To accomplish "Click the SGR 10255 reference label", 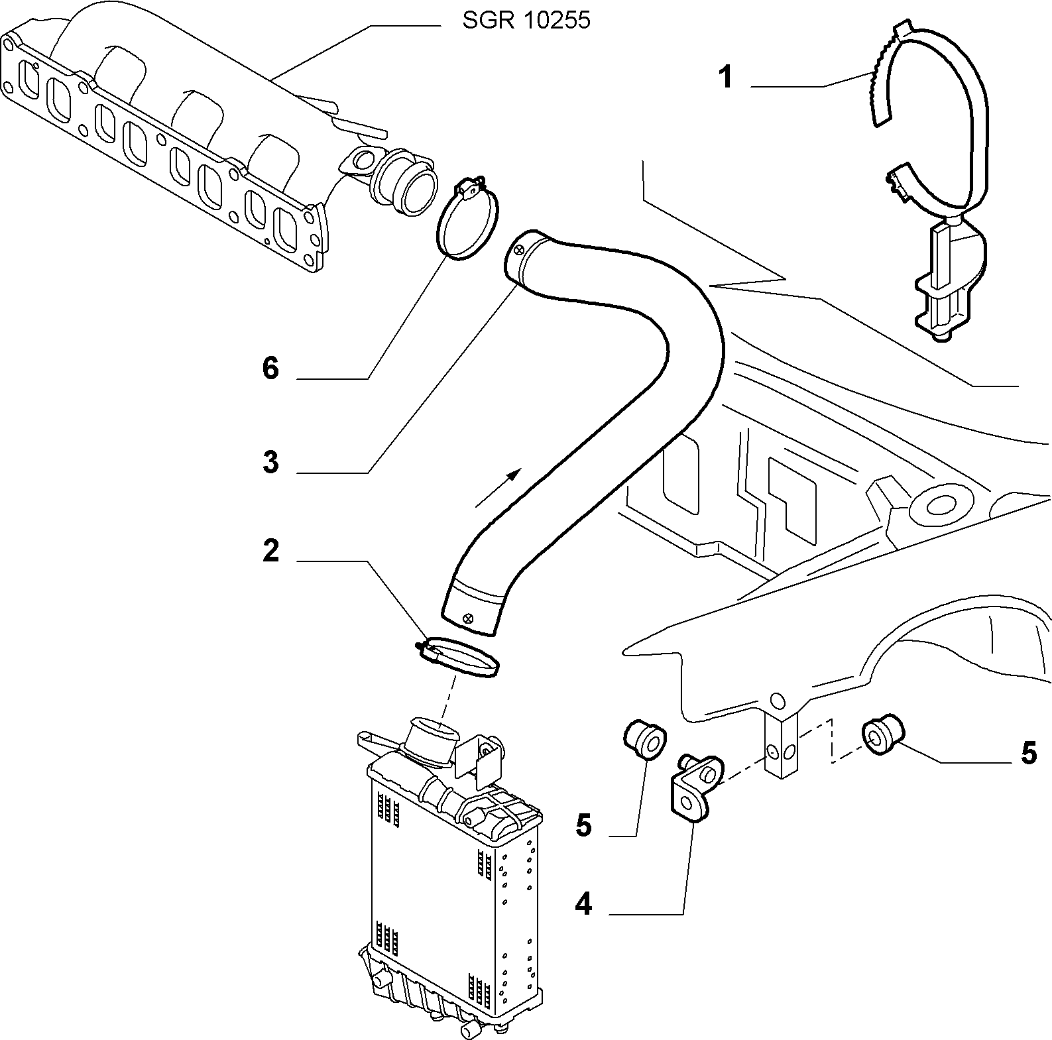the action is coord(526,21).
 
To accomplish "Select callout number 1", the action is coord(727,78).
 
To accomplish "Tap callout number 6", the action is coord(270,368).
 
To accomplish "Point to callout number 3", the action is coord(270,462).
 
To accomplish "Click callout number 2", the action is coord(270,551).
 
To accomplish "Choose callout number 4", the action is coord(583,905).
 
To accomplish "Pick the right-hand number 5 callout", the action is coord(1028,754).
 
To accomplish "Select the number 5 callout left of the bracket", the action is coord(583,827).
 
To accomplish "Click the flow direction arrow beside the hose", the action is coord(498,487).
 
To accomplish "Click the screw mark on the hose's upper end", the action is coord(518,249).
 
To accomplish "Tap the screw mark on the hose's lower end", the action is coord(469,618).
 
